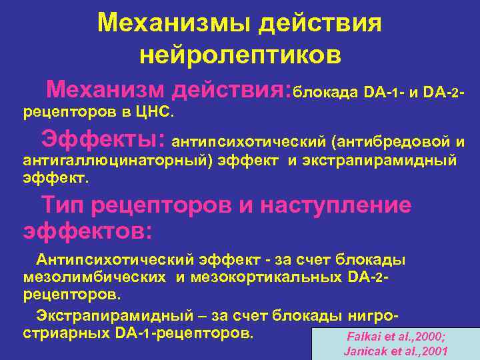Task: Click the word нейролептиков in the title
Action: coord(240,55)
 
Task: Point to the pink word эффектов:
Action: coord(88,231)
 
